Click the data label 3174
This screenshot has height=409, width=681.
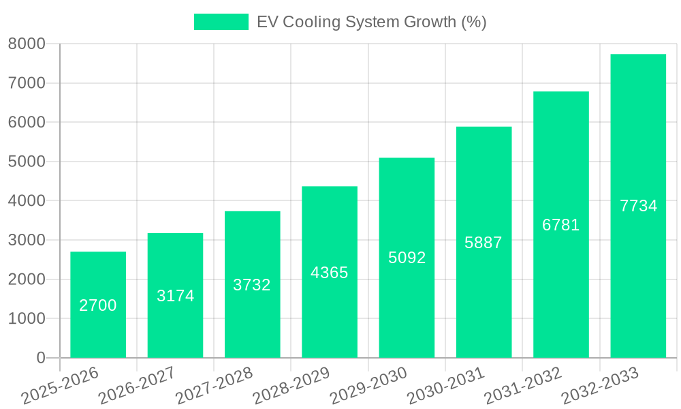pos(176,296)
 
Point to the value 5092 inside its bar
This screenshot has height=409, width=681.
pos(407,258)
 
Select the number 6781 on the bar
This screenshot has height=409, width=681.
pos(561,225)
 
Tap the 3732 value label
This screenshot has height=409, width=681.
pos(252,285)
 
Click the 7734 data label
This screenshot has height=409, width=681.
pos(638,206)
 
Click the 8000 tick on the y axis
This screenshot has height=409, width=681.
pos(27,44)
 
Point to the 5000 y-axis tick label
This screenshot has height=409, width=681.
pos(27,162)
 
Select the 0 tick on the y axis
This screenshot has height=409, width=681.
pos(40,358)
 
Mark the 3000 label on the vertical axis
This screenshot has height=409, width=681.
pos(27,241)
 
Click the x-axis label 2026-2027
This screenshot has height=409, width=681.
pos(137,386)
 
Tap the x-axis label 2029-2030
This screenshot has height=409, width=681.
pos(368,386)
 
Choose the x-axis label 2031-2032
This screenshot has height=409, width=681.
pos(523,386)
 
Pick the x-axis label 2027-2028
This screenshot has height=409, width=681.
pos(215,386)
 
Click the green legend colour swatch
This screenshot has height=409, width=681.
pos(221,22)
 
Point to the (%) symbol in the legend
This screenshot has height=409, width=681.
pos(474,22)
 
